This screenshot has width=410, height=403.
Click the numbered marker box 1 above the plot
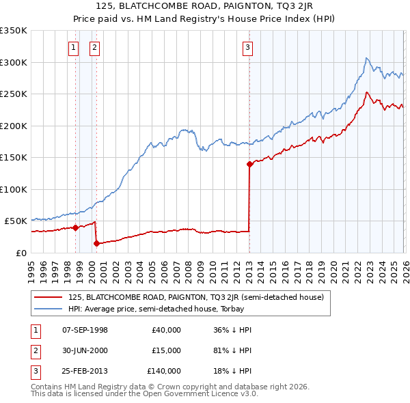tap(74, 47)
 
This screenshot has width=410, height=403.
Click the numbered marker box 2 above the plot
tap(94, 47)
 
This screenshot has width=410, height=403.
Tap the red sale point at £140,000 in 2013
tap(249, 164)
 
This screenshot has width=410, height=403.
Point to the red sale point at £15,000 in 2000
tap(96, 243)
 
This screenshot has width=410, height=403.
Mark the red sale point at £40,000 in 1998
tap(74, 227)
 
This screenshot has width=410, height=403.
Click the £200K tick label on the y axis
tap(14, 126)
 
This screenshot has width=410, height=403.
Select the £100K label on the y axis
tap(14, 189)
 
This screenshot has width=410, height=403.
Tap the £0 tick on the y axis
tap(22, 253)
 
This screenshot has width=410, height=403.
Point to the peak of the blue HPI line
tap(367, 58)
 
